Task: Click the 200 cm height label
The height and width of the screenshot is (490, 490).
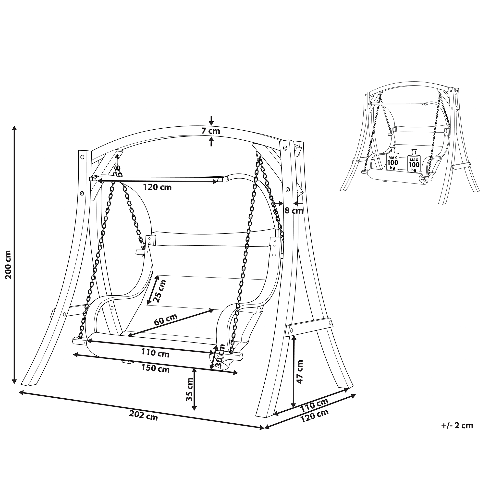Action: click(9, 265)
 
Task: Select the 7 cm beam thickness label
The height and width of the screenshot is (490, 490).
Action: click(211, 131)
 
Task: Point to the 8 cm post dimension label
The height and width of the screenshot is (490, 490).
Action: click(294, 210)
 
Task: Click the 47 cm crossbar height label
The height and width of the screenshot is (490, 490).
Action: click(300, 372)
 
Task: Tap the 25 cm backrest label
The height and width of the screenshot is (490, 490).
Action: click(161, 291)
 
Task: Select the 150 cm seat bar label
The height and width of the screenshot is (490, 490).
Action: click(155, 368)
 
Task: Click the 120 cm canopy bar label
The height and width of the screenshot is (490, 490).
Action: click(157, 187)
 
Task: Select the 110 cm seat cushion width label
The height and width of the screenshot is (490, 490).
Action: click(155, 353)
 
